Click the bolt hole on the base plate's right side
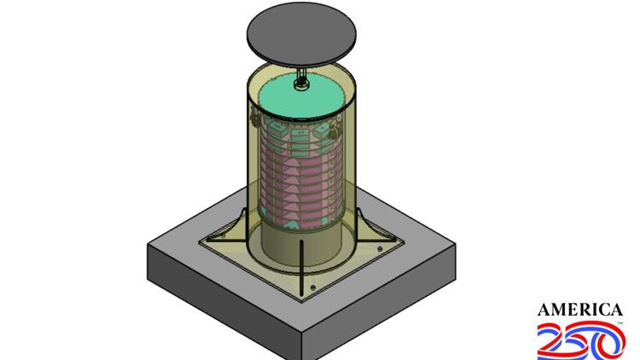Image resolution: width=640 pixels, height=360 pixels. tap(380, 249)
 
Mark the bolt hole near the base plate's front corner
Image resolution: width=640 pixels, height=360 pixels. tap(313, 286)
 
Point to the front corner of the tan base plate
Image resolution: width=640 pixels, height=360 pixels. tap(303, 299)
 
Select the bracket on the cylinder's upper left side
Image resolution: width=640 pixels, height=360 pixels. tap(253, 119)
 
